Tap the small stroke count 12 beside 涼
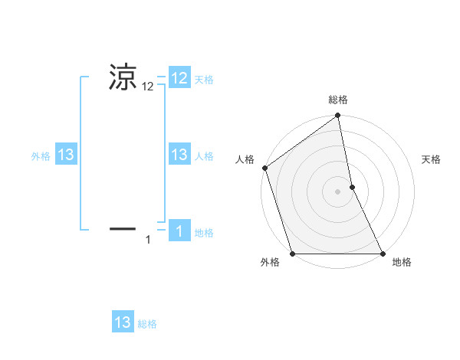pyautogui.click(x=148, y=87)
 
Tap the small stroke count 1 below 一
pyautogui.click(x=148, y=241)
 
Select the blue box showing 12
pyautogui.click(x=179, y=77)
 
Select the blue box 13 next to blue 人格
pyautogui.click(x=179, y=155)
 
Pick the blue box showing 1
pyautogui.click(x=179, y=231)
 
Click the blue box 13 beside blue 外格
pyautogui.click(x=66, y=155)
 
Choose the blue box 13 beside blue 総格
pyautogui.click(x=123, y=322)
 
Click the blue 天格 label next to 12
pyautogui.click(x=204, y=80)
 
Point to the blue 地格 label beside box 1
pyautogui.click(x=204, y=233)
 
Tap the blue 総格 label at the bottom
pyautogui.click(x=147, y=324)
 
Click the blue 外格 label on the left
pyautogui.click(x=41, y=156)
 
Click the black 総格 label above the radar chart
pyautogui.click(x=338, y=100)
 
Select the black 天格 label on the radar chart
pyautogui.click(x=432, y=159)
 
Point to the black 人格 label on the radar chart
pyautogui.click(x=245, y=159)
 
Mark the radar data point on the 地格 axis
pyautogui.click(x=383, y=254)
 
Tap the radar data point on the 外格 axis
pyautogui.click(x=292, y=254)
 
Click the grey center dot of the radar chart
pyautogui.click(x=338, y=191)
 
